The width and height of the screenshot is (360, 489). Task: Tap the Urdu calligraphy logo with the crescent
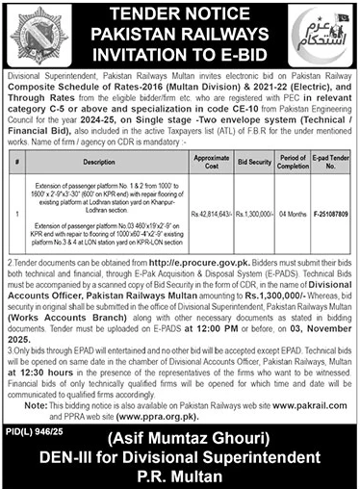point(322,35)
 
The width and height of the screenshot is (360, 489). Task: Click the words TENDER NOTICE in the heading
point(180,16)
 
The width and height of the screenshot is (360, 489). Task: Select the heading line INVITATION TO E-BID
point(180,54)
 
